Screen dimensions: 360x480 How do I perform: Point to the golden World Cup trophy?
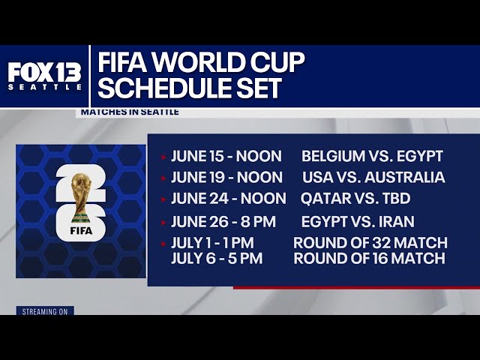(81, 195)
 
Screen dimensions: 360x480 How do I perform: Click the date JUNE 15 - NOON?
(226, 157)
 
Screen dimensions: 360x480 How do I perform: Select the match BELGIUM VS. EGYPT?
(372, 157)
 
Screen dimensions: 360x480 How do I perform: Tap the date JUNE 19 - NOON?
(226, 178)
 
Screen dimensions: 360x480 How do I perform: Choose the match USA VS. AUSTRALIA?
(373, 178)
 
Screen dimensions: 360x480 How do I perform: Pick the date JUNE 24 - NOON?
(228, 199)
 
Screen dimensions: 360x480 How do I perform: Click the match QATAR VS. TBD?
(350, 199)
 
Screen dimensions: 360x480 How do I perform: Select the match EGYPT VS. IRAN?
(357, 222)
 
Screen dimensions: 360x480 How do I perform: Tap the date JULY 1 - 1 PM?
(212, 243)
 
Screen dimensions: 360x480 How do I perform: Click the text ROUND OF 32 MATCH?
(370, 243)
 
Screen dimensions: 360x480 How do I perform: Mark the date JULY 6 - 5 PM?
(213, 259)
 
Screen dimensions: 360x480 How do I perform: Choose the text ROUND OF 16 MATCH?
(370, 259)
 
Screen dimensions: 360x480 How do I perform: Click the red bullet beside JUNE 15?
(163, 157)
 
